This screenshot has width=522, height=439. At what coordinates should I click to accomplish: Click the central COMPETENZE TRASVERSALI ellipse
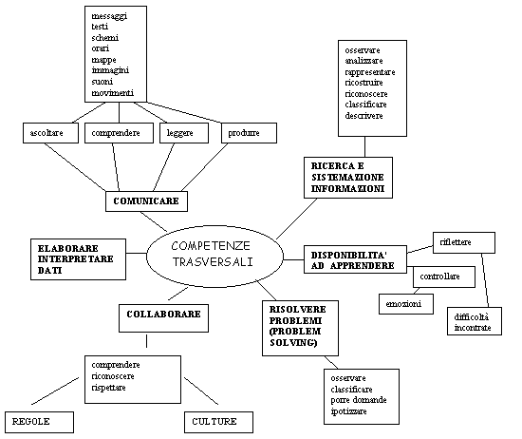(x=214, y=257)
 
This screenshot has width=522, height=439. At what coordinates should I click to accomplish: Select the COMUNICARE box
(x=146, y=201)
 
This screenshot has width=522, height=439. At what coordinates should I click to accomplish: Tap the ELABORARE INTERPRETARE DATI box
(x=78, y=259)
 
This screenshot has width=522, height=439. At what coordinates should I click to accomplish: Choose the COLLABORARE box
(x=164, y=318)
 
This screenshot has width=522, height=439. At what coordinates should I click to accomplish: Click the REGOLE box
(x=39, y=422)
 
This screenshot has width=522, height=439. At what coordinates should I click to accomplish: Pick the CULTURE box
(x=218, y=422)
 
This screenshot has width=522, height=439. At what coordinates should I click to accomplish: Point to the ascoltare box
(x=50, y=133)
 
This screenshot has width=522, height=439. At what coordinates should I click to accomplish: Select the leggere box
(x=184, y=133)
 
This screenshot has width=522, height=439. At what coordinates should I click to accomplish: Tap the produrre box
(x=249, y=133)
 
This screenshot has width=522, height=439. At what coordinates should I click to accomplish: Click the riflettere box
(x=464, y=242)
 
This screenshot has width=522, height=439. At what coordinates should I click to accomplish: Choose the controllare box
(x=444, y=277)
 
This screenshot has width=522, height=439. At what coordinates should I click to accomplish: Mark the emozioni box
(x=406, y=304)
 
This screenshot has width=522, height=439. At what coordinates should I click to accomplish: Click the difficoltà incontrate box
(x=475, y=321)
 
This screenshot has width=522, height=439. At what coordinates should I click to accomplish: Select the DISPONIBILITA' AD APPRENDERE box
(x=355, y=259)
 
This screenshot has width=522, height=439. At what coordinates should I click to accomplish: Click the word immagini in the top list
(x=110, y=70)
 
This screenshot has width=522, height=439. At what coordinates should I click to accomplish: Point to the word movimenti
(x=113, y=93)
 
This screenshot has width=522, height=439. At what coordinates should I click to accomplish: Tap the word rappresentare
(x=370, y=72)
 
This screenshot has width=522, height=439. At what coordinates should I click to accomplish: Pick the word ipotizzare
(x=348, y=411)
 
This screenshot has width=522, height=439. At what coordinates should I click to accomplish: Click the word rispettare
(x=108, y=388)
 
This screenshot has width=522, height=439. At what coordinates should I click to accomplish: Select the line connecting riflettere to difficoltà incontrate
(x=485, y=280)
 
